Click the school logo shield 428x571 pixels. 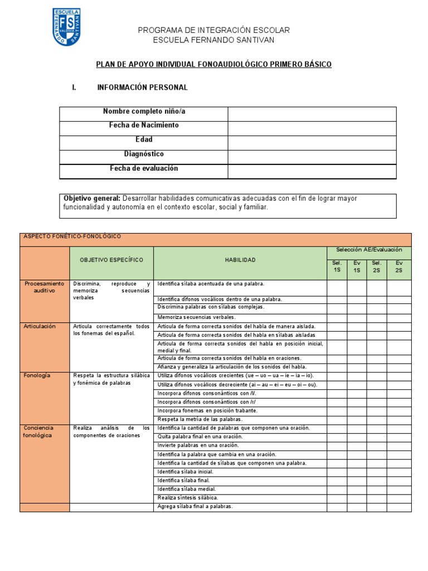[66, 27]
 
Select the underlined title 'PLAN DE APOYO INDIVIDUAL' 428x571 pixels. [214, 65]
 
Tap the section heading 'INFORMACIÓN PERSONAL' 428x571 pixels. [142, 88]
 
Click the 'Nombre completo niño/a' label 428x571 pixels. [144, 112]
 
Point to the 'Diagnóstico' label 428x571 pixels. [144, 154]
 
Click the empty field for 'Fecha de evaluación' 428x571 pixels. [312, 171]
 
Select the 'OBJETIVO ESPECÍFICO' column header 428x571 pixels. [111, 260]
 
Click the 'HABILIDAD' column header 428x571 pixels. [240, 260]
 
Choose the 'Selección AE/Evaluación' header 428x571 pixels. [369, 250]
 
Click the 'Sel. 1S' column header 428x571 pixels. [337, 266]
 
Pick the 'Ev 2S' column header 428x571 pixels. [398, 266]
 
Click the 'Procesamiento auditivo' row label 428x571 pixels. [45, 287]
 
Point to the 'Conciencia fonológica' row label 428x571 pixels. [40, 431]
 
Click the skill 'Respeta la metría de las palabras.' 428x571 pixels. [200, 419]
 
